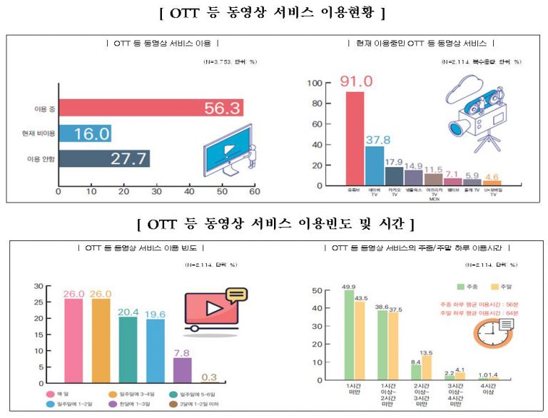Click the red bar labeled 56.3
pos(150,108)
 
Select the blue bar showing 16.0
pos(84,133)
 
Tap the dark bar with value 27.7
pos(103,158)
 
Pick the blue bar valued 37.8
pos(375,165)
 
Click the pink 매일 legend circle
pos(51,394)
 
